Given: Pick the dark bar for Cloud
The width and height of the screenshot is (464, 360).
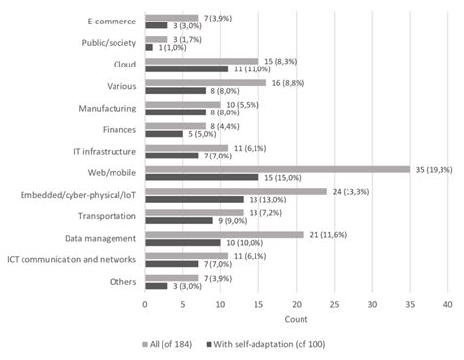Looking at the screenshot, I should pyautogui.click(x=186, y=69).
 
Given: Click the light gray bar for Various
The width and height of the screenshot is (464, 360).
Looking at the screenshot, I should pyautogui.click(x=205, y=83).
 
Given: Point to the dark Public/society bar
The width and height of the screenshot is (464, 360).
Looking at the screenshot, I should pyautogui.click(x=148, y=47).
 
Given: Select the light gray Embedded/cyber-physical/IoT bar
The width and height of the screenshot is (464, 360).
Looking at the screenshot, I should pyautogui.click(x=235, y=191).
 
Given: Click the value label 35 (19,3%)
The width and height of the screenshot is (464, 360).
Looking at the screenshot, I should pyautogui.click(x=433, y=169).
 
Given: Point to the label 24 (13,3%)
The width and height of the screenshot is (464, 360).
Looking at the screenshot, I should pyautogui.click(x=349, y=191).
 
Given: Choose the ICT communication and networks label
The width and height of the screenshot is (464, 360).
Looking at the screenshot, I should pyautogui.click(x=71, y=260).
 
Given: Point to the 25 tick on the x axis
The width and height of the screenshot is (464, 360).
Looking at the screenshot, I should pyautogui.click(x=334, y=304).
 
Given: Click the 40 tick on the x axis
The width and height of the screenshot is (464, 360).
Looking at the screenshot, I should pyautogui.click(x=447, y=304).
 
